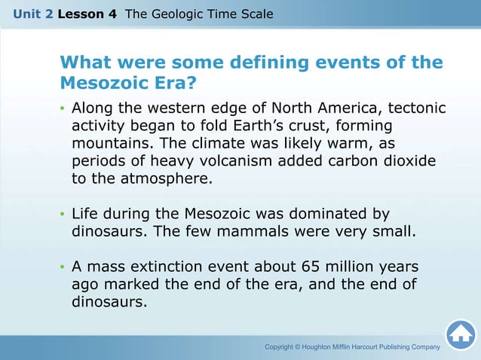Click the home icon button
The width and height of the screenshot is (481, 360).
coord(460,335)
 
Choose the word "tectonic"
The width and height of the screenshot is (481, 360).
coord(415,108)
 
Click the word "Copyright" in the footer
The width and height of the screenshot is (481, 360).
coord(283,346)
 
